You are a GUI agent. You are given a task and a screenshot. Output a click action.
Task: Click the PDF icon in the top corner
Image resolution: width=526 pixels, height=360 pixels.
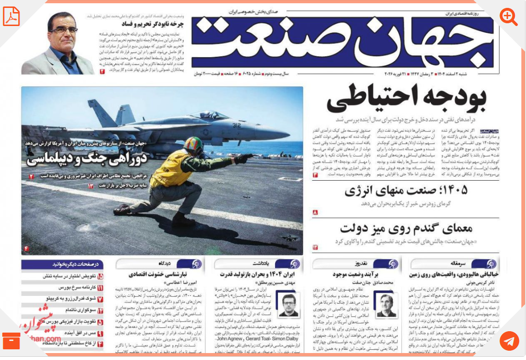[x=11, y=17]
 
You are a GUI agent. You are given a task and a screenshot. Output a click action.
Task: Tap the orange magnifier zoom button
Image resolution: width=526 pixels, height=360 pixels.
[x=508, y=17]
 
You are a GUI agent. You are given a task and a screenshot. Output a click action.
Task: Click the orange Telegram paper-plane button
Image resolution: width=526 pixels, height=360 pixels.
[x=509, y=341]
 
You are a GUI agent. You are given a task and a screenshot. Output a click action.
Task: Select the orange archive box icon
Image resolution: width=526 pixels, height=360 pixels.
[x=11, y=341]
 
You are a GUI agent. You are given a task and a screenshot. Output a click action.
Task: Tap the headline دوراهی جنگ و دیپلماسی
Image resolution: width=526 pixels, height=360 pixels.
[x=87, y=159]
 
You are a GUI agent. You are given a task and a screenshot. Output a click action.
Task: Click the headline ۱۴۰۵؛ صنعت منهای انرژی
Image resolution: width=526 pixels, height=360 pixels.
[x=406, y=191]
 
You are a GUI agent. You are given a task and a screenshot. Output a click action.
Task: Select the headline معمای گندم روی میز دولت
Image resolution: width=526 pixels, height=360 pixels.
[x=406, y=228]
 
